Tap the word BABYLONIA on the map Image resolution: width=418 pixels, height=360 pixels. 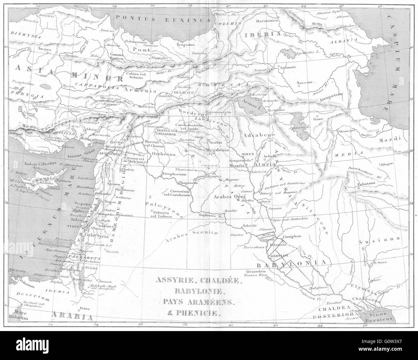(x=292, y=263)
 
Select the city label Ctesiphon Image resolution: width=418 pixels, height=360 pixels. (x=292, y=236)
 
